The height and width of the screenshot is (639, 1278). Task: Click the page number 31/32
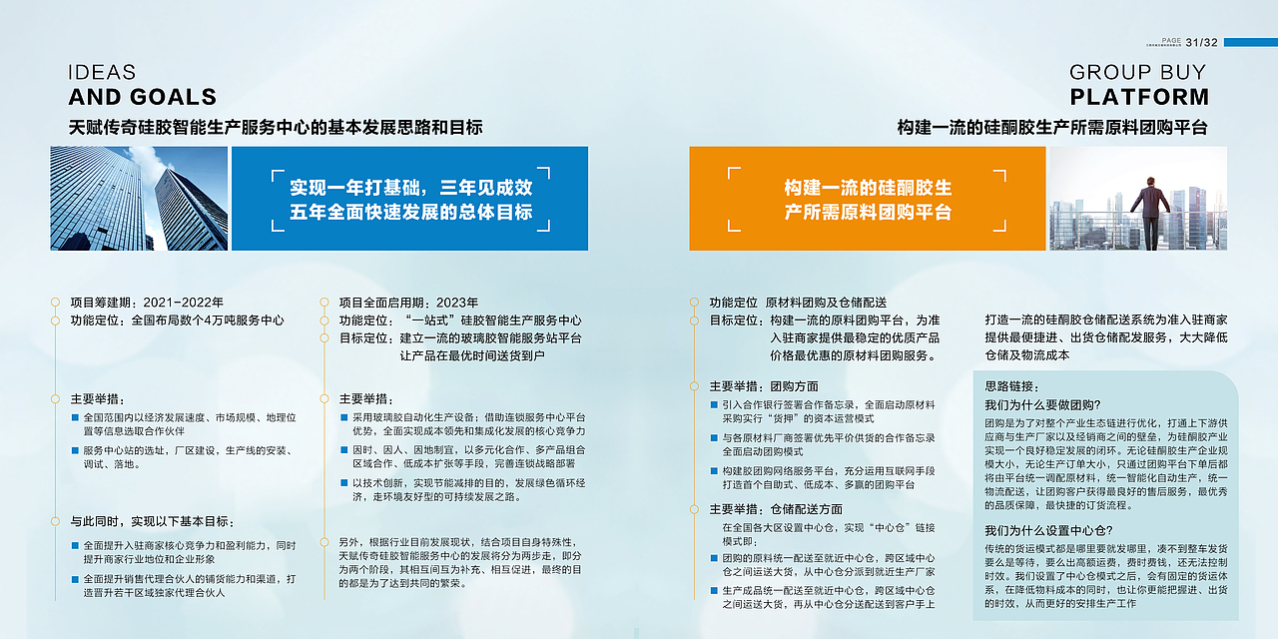coord(1202,42)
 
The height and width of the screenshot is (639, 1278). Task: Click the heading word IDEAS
coord(102,73)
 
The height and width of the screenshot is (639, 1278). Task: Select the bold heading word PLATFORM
coord(1139,97)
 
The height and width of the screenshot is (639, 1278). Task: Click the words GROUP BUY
coord(1137,73)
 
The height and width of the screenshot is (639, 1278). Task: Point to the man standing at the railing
coord(1149,210)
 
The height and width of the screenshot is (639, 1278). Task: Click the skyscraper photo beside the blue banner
coord(139,199)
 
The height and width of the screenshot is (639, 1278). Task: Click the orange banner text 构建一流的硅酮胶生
coord(867,188)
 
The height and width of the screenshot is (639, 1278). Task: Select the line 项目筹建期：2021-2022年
coord(147,303)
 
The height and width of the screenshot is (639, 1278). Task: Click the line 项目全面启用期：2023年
coord(408,303)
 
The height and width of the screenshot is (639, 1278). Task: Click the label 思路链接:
coord(1011,386)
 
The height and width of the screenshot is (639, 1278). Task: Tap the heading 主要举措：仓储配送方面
coord(776,509)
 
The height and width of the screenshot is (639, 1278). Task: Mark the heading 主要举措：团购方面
coord(764,386)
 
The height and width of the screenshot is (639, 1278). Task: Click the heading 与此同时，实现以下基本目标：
coord(153,521)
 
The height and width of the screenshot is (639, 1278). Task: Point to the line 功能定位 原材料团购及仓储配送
coord(798,303)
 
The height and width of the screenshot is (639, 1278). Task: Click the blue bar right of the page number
coord(1250,42)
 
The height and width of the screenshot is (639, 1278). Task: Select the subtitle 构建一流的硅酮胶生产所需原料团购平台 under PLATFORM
coord(1052,128)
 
